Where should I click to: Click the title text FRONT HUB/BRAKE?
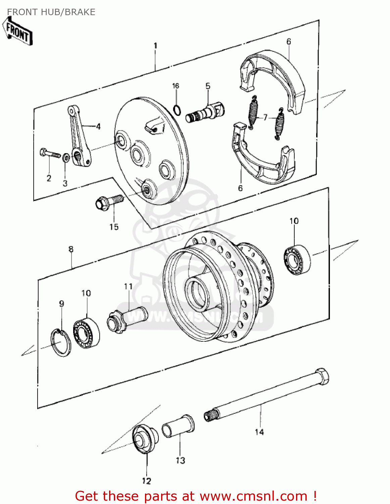pyautogui.click(x=51, y=12)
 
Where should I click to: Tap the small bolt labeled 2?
pyautogui.click(x=49, y=153)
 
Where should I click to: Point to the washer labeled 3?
pyautogui.click(x=66, y=157)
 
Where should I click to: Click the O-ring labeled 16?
pyautogui.click(x=177, y=109)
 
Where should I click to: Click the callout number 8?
pyautogui.click(x=71, y=249)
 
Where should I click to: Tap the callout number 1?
pyautogui.click(x=155, y=46)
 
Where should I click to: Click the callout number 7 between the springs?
pyautogui.click(x=265, y=117)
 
